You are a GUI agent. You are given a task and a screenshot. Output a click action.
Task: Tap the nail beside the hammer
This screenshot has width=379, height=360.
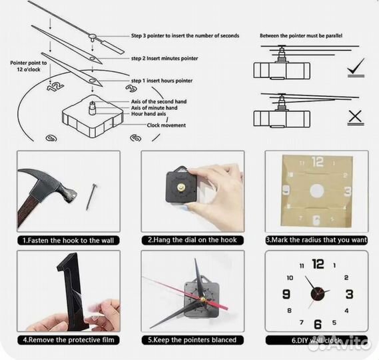(91, 197)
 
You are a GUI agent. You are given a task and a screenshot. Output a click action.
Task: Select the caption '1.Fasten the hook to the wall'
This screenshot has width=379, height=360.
(69, 241)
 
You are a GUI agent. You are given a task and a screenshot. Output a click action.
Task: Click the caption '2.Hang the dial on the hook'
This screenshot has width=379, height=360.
(192, 240)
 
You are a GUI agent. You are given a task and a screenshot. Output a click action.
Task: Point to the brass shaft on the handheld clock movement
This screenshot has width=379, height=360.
(181, 187)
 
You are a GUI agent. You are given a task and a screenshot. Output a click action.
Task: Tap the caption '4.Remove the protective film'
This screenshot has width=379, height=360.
(69, 340)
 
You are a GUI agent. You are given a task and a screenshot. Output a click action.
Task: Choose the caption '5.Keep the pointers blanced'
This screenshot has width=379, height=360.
(192, 340)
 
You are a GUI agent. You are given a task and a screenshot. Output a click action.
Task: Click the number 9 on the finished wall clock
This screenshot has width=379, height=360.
(286, 294)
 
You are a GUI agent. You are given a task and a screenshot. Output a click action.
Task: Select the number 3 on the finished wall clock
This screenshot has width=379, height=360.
(349, 294)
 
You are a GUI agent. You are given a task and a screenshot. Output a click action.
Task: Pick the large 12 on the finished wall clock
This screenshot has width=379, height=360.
(318, 264)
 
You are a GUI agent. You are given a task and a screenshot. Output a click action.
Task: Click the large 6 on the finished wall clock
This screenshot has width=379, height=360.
(318, 325)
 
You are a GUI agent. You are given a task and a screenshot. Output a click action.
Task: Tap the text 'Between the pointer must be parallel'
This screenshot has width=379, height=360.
(301, 36)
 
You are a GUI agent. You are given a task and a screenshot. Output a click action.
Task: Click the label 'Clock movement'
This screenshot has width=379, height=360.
(167, 125)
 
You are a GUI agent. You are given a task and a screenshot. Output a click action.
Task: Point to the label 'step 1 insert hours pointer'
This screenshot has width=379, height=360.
(162, 81)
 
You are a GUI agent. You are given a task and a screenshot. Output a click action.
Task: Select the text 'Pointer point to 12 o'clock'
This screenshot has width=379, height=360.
(29, 66)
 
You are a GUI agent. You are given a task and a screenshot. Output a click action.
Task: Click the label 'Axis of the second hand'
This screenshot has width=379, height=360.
(159, 101)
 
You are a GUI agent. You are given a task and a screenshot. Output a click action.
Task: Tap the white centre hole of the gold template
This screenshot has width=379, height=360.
(317, 191)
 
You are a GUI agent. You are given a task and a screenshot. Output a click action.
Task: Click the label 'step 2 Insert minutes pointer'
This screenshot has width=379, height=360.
(165, 58)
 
